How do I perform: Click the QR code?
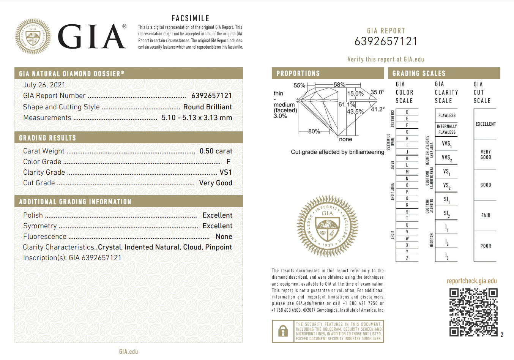click(x=473, y=312)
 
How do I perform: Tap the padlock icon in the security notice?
click(x=283, y=332)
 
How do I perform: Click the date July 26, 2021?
click(x=44, y=85)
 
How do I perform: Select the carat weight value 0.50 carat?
click(x=216, y=151)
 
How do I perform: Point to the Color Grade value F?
click(x=228, y=162)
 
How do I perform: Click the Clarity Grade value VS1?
click(x=225, y=172)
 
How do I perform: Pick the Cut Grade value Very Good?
click(x=215, y=183)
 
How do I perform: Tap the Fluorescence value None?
click(x=224, y=237)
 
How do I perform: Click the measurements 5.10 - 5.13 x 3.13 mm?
click(x=197, y=118)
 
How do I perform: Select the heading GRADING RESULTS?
click(x=47, y=138)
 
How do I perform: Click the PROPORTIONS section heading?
click(x=298, y=73)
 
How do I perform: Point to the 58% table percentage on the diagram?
click(x=339, y=85)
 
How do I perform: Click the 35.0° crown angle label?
click(x=377, y=92)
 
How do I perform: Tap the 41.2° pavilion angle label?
click(x=378, y=109)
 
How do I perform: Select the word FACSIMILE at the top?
click(x=190, y=18)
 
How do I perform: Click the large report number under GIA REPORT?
click(x=386, y=41)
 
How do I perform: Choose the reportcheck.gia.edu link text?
click(x=471, y=281)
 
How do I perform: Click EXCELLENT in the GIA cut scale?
click(x=486, y=124)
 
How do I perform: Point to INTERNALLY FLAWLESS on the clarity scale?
click(x=447, y=129)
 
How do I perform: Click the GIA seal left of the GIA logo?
click(x=33, y=36)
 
